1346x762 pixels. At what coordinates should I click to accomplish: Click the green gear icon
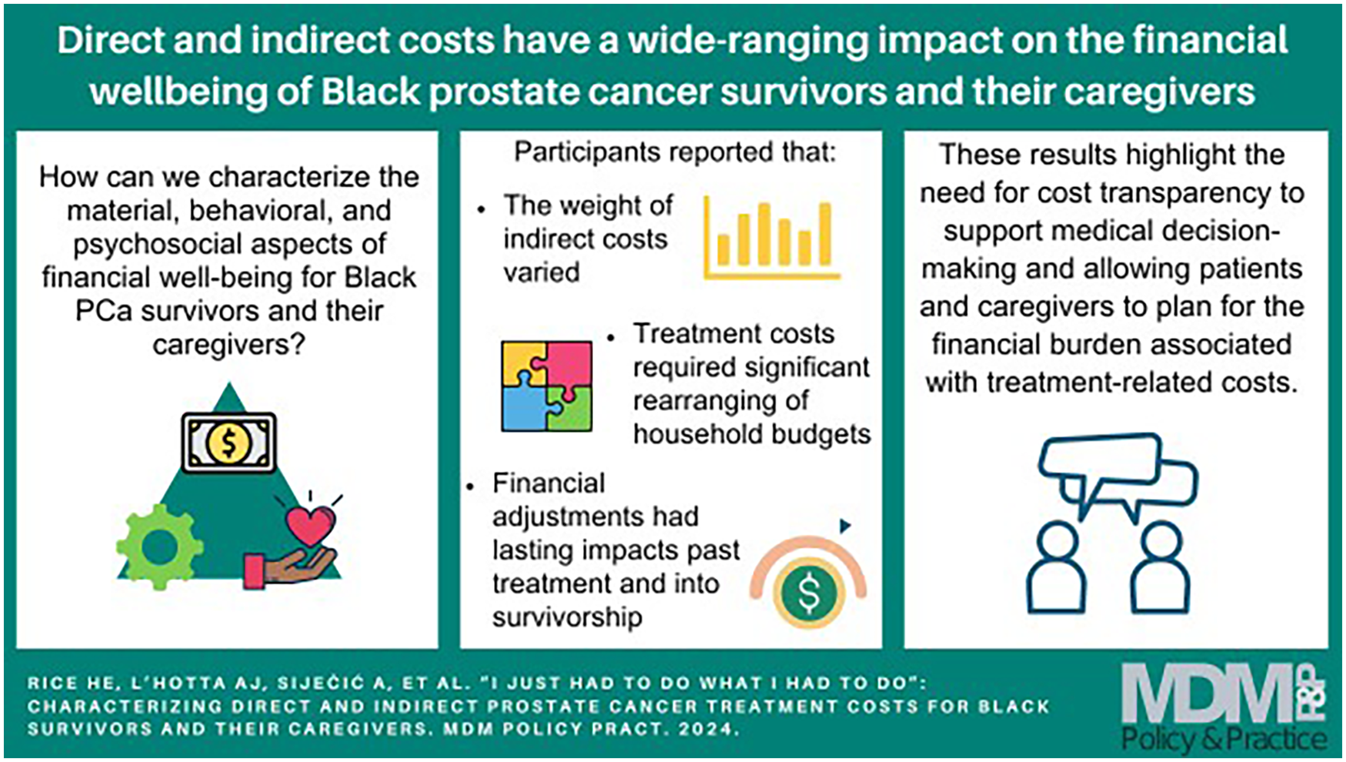point(160,546)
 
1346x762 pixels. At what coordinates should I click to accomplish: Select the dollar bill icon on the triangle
point(228,443)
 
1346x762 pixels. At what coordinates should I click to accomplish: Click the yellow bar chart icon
point(771,237)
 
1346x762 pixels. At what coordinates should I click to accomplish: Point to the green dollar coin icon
point(808,593)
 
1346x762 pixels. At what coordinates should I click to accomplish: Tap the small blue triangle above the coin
point(845,526)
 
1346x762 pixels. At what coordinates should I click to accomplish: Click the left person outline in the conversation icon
point(1057,568)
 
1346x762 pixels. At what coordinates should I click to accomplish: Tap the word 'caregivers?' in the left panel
point(229,344)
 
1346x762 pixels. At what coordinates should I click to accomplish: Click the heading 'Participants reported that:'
point(675,152)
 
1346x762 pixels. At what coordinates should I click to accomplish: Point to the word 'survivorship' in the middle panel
point(567,617)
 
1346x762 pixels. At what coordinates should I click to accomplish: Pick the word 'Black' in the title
point(370,92)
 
